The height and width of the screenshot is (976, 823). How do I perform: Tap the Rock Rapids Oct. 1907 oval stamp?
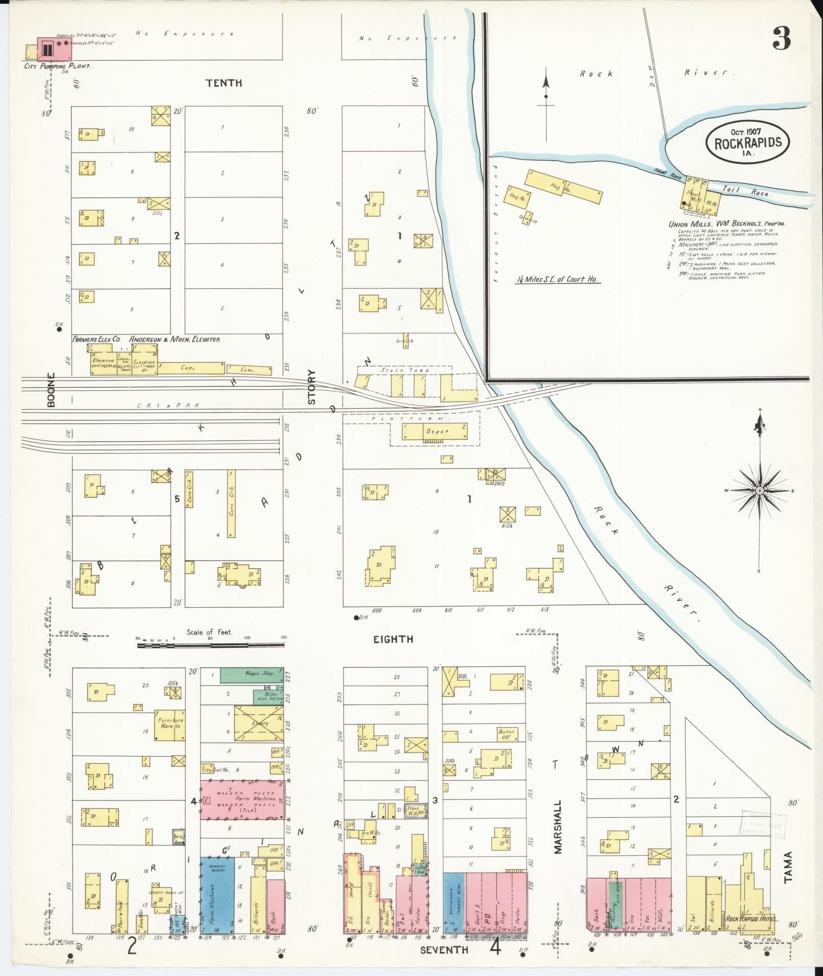tap(747, 142)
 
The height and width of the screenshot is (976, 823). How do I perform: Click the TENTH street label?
tap(223, 83)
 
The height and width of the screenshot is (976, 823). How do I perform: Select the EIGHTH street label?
tap(393, 639)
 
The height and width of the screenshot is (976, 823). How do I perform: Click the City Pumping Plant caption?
tap(57, 66)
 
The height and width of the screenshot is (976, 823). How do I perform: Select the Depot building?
tap(435, 432)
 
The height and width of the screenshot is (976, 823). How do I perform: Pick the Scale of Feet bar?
tap(211, 645)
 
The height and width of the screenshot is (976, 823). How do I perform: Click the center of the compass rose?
tap(759, 490)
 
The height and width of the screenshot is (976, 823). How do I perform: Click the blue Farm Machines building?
tap(217, 894)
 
